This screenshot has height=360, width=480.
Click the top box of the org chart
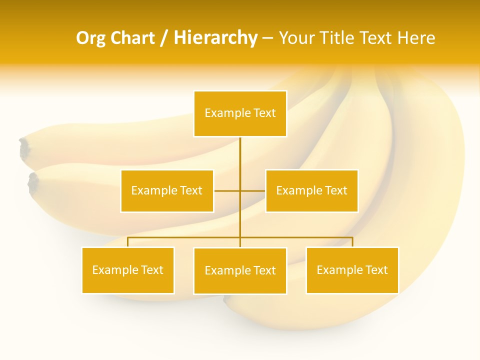(240, 113)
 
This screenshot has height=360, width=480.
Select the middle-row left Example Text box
(167, 190)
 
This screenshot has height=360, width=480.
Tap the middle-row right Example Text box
(311, 190)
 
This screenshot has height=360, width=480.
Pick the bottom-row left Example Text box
(128, 270)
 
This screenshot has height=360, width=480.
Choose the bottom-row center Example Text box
(240, 270)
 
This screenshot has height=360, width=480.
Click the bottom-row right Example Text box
(352, 270)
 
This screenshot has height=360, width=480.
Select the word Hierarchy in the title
(215, 38)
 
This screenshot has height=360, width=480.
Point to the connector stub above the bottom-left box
(128, 242)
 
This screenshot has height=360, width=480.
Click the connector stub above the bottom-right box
(352, 242)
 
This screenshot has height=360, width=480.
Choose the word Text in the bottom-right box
(375, 270)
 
